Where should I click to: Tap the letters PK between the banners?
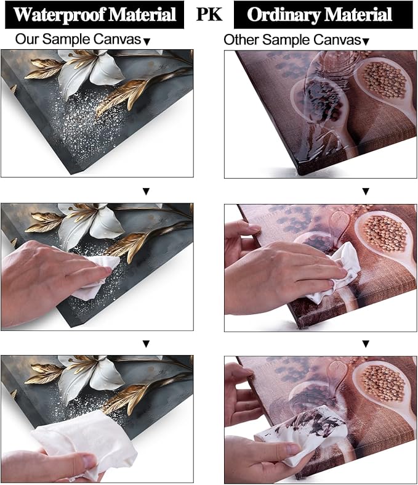click(x=209, y=14)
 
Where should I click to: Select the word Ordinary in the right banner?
click(x=283, y=15)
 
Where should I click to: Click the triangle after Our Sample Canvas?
click(x=147, y=42)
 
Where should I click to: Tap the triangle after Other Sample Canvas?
click(x=366, y=42)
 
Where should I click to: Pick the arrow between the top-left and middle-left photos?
click(x=146, y=192)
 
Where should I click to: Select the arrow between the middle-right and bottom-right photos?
click(x=366, y=344)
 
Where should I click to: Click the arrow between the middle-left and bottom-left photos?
click(x=146, y=344)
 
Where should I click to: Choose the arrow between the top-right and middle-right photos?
click(x=366, y=192)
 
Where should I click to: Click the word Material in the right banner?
click(x=358, y=15)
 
